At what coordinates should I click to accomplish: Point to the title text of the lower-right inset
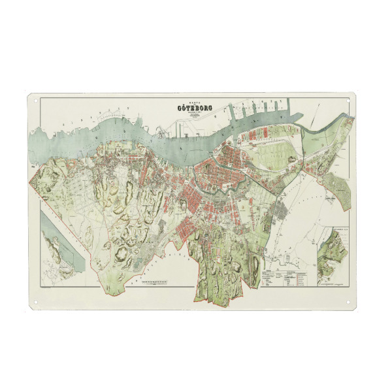335,231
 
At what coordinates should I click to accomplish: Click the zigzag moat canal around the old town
216,189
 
